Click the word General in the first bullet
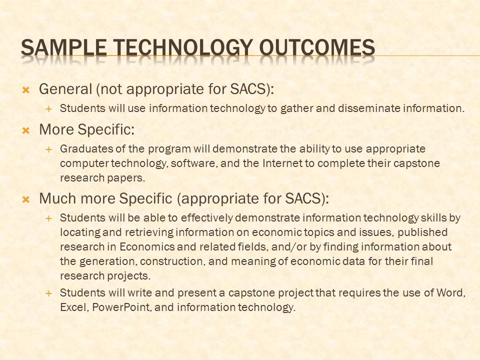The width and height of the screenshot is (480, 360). coord(65,89)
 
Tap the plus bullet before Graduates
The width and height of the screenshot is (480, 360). coord(48,149)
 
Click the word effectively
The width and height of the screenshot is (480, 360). coord(207,218)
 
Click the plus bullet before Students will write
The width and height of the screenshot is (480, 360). coord(48,293)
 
